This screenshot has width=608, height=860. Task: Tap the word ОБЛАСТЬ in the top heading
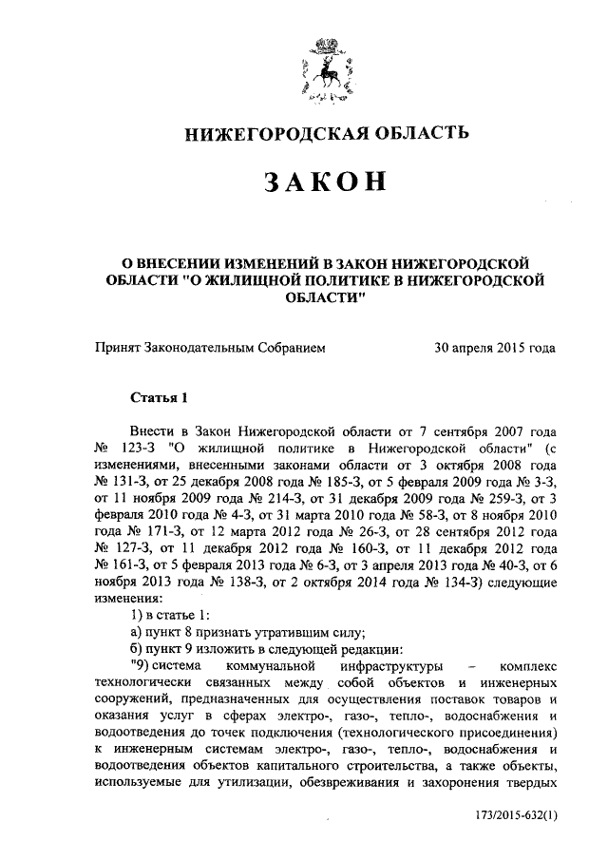point(418,131)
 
